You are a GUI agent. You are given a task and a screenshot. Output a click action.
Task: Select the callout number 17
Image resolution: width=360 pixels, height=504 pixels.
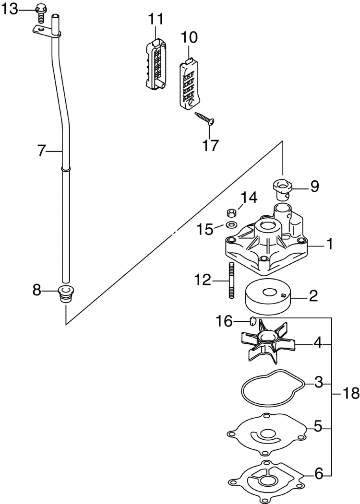point(209,144)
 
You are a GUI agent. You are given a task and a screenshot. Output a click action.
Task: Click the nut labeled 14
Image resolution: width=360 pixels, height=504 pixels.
point(230,212)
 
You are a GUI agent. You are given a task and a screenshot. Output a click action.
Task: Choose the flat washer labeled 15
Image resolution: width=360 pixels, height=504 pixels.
point(231,224)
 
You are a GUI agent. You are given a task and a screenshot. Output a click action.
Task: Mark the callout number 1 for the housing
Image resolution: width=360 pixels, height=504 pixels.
point(329,244)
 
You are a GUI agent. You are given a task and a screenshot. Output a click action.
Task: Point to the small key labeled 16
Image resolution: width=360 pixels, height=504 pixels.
point(251,321)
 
